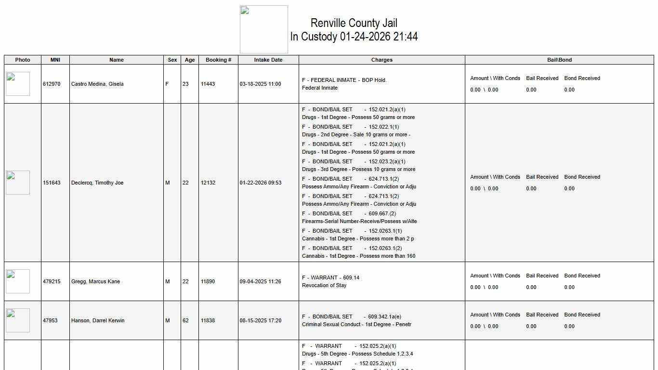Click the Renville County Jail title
point(354,23)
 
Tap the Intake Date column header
point(268,60)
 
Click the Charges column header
point(382,60)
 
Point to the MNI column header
point(55,60)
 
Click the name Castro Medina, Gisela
point(97,84)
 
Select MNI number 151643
point(52,183)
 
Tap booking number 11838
point(208,320)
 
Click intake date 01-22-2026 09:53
point(261,183)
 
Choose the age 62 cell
point(185,320)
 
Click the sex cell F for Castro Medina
point(167,84)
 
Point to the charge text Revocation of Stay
point(324,285)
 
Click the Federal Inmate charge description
point(320,88)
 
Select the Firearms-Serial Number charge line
point(359,221)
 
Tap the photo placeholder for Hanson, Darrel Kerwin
point(18,320)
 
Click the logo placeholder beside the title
point(264,29)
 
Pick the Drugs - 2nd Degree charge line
point(356,134)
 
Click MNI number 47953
point(50,320)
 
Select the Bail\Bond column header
point(559,60)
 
